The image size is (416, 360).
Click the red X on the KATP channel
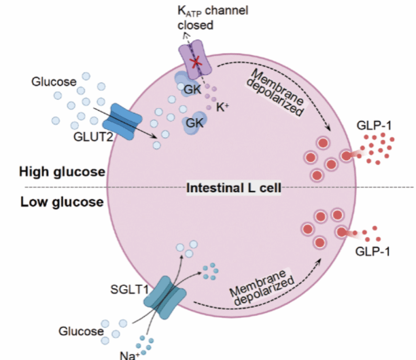(196, 62)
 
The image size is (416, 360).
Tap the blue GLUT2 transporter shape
(122, 122)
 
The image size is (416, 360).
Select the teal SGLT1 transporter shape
(164, 298)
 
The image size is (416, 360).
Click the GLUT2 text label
(93, 137)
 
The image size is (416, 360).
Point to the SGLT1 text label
(129, 289)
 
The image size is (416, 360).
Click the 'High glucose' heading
(62, 172)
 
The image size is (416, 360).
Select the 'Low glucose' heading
(62, 202)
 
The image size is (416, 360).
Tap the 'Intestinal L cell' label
(234, 188)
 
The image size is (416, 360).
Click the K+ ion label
(222, 107)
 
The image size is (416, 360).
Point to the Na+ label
(129, 355)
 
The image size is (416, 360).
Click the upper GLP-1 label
(374, 126)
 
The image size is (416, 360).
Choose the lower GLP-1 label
(372, 251)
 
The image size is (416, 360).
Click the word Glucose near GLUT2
(54, 82)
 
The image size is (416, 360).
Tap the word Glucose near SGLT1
(81, 331)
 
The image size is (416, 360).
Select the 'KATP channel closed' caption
(213, 18)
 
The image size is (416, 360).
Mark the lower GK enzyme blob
(194, 123)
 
